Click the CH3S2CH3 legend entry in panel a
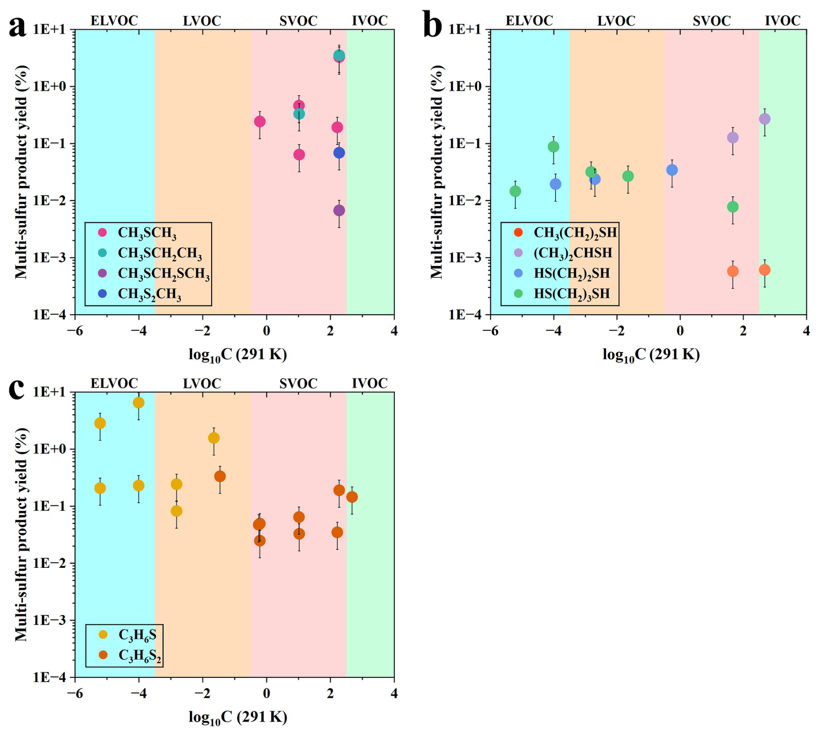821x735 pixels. (139, 294)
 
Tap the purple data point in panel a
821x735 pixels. (339, 211)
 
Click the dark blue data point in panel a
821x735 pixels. (339, 153)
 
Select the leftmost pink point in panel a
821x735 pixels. (259, 122)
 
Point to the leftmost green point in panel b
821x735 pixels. (515, 191)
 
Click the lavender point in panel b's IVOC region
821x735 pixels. (765, 119)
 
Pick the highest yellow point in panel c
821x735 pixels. (138, 403)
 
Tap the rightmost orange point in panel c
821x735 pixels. (352, 497)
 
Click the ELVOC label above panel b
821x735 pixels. (529, 20)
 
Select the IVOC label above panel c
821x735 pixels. (370, 383)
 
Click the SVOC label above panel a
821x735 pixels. (298, 20)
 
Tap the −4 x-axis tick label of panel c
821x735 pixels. (138, 693)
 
